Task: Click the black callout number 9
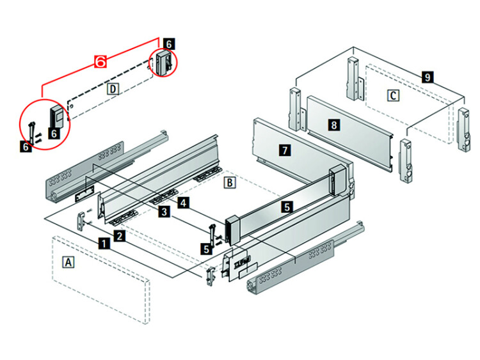click(x=428, y=77)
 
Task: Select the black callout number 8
click(x=333, y=125)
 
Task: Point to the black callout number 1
click(x=102, y=243)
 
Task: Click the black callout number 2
click(x=120, y=237)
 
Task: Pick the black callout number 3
click(x=164, y=211)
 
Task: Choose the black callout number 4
click(x=184, y=203)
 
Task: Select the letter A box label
click(x=67, y=262)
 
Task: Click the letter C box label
click(x=394, y=95)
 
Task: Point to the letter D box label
click(x=112, y=88)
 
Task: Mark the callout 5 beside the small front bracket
click(x=205, y=249)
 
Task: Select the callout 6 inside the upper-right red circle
click(x=168, y=43)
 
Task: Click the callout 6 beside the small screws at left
click(x=26, y=146)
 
